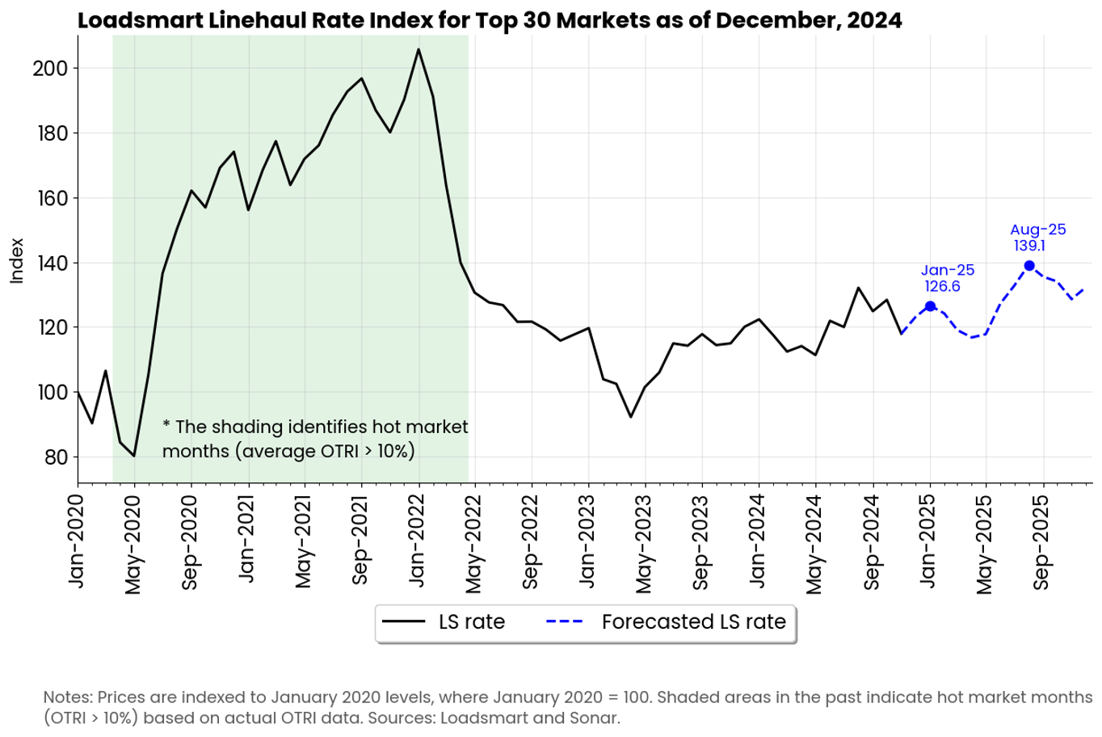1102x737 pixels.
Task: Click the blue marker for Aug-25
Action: click(1029, 266)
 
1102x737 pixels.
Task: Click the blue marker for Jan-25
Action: click(930, 306)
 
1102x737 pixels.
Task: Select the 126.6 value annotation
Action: click(942, 286)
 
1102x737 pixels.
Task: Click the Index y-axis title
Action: click(16, 260)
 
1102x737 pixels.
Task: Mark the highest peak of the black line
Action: click(419, 49)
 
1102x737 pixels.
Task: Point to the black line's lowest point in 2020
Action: click(134, 457)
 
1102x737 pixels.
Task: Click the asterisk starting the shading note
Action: click(166, 425)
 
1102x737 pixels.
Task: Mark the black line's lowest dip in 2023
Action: click(631, 417)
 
